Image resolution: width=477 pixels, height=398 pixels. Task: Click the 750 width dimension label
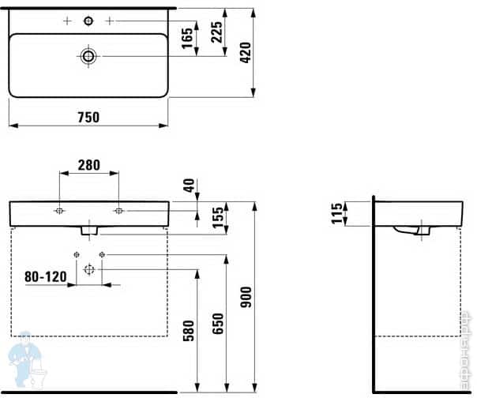pos(88,117)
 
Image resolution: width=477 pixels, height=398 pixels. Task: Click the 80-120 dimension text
pos(46,277)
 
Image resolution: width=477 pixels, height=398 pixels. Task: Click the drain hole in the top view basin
pos(88,55)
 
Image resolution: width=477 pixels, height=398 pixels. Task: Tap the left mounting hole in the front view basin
pos(59,211)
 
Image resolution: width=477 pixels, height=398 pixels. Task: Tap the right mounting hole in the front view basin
pos(118,211)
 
